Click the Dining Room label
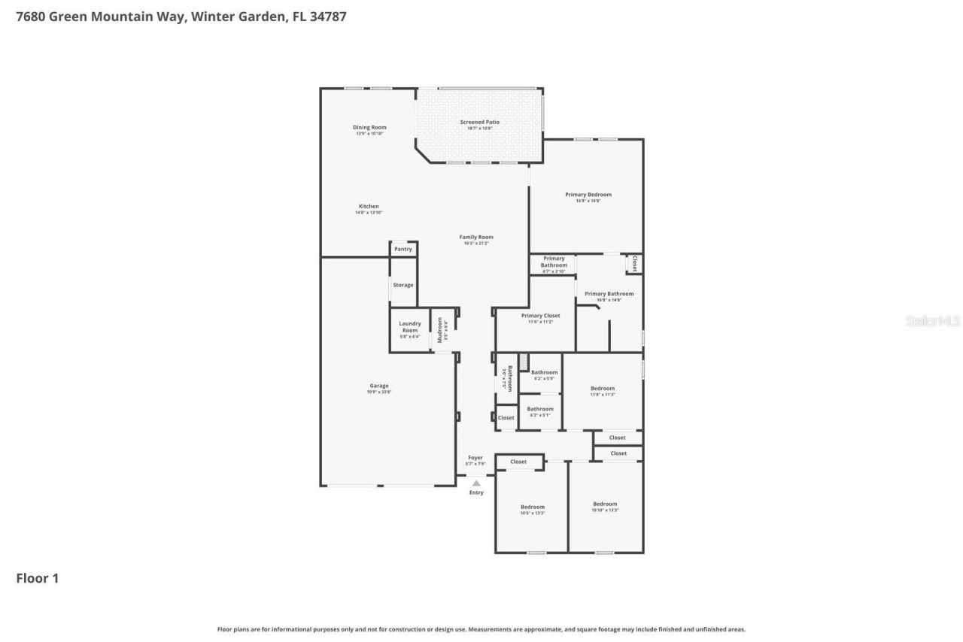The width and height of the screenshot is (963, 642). [x=369, y=127]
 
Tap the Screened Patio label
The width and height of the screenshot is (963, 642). [x=479, y=122]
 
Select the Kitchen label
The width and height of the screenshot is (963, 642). [x=369, y=206]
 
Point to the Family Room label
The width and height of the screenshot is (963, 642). [x=476, y=237]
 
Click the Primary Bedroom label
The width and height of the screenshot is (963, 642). [x=588, y=195]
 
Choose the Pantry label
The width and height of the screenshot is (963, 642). [x=403, y=249]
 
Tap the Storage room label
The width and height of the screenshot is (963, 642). [x=403, y=285]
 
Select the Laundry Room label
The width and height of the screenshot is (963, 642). [x=410, y=327]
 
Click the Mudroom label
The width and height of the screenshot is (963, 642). [x=441, y=330]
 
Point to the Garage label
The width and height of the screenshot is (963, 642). [x=379, y=386]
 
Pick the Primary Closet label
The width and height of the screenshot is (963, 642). [x=541, y=316]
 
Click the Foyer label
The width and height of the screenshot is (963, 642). [x=475, y=457]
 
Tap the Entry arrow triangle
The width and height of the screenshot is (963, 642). [x=476, y=483]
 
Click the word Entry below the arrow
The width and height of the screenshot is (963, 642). [x=476, y=492]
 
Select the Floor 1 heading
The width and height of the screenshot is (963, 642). [x=38, y=578]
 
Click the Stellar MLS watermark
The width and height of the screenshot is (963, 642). [x=933, y=321]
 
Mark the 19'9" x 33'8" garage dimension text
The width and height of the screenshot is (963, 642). [x=379, y=392]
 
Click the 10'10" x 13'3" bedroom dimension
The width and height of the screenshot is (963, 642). [x=605, y=510]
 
